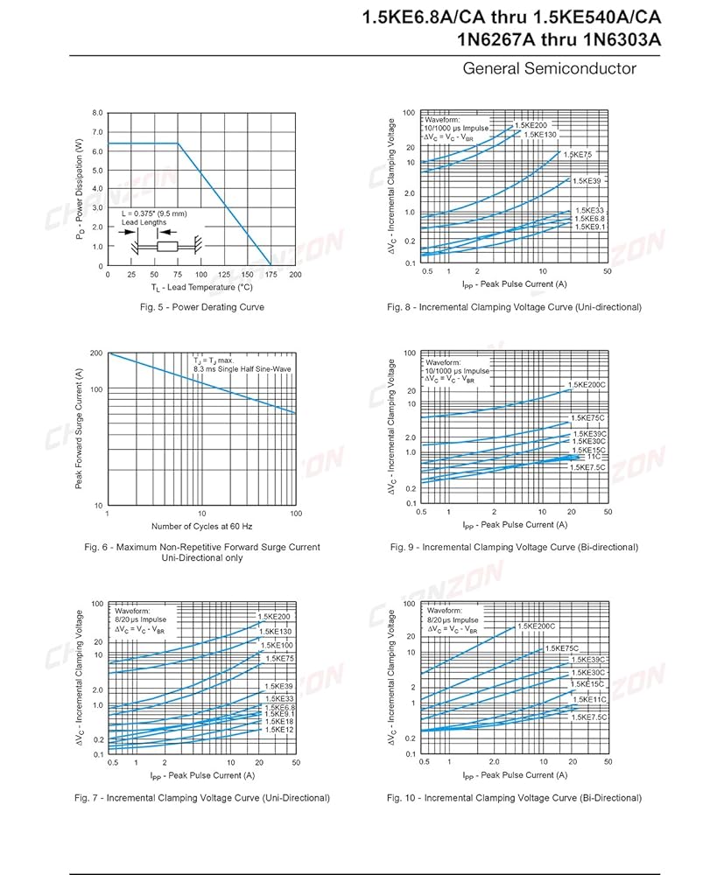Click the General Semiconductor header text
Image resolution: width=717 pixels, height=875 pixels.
click(549, 68)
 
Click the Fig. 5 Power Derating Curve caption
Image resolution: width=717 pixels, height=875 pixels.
click(202, 307)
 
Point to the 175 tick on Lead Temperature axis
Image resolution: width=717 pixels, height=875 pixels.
click(271, 274)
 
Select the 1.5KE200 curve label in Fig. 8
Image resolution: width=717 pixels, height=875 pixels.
click(530, 125)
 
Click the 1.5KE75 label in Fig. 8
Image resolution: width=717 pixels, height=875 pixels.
click(577, 154)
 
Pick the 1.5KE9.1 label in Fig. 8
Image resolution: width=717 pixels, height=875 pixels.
click(589, 227)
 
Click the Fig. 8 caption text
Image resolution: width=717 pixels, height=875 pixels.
click(514, 307)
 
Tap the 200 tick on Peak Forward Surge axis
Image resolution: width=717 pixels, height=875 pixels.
click(96, 353)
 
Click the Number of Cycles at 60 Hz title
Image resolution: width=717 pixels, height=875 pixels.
click(201, 526)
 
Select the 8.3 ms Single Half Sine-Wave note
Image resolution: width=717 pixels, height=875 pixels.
click(243, 369)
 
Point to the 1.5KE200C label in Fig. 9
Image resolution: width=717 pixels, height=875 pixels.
click(586, 385)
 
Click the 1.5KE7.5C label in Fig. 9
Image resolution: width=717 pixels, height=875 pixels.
click(587, 467)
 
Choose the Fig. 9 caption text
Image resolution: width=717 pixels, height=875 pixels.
click(514, 547)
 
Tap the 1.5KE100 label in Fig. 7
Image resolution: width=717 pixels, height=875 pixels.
click(277, 645)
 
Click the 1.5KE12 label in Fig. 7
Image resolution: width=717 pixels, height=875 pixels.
click(279, 729)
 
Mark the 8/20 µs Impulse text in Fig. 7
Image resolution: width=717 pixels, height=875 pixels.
click(144, 619)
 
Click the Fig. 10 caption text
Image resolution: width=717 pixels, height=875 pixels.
click(514, 797)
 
